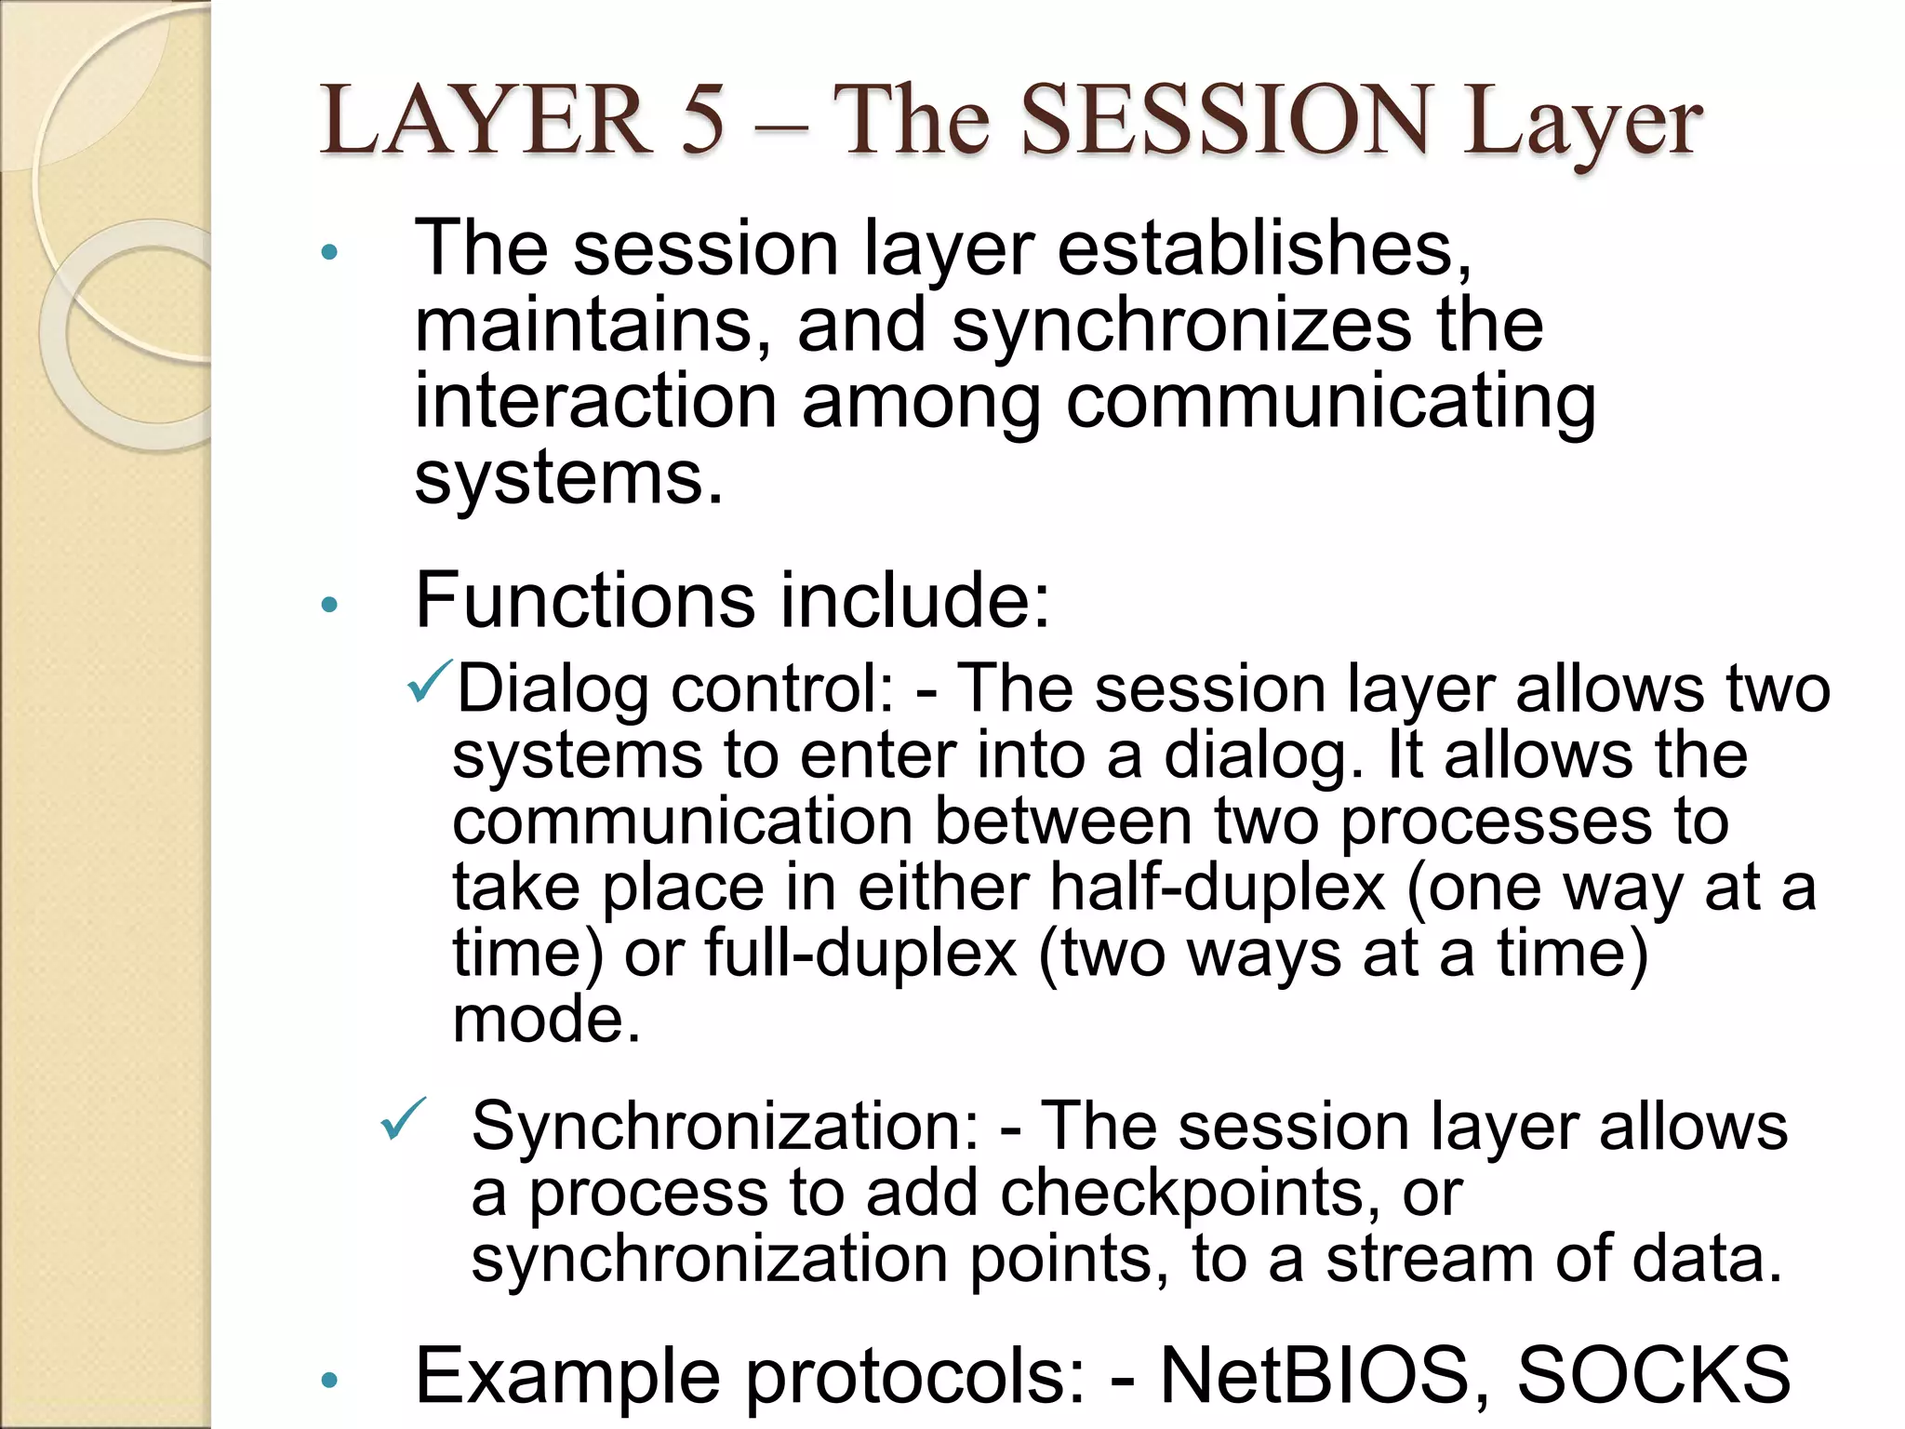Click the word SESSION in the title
point(1225,120)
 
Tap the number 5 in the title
point(701,120)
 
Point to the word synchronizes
point(1182,327)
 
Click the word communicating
point(1330,404)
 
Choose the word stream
point(1431,1260)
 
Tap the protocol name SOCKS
point(1653,1375)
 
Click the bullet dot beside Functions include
point(328,606)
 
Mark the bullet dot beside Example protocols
point(328,1380)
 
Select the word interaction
point(595,402)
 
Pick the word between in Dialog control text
point(1062,821)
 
